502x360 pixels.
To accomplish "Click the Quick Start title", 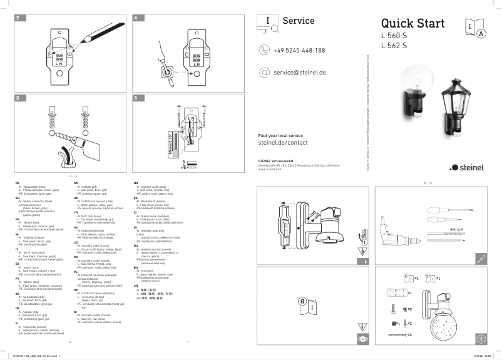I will coord(412,24).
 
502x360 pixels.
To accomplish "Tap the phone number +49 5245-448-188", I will coord(299,50).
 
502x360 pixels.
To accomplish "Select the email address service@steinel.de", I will coord(300,73).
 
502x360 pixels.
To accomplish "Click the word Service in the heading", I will coord(299,21).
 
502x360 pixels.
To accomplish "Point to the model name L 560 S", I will coord(394,36).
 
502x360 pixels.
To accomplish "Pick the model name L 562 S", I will coord(394,45).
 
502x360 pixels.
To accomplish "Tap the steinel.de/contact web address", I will coord(283,143).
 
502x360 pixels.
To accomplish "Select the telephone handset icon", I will coord(264,50).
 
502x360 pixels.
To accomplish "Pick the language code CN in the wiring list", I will coord(136,284).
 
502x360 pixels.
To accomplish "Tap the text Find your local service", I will coord(280,135).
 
